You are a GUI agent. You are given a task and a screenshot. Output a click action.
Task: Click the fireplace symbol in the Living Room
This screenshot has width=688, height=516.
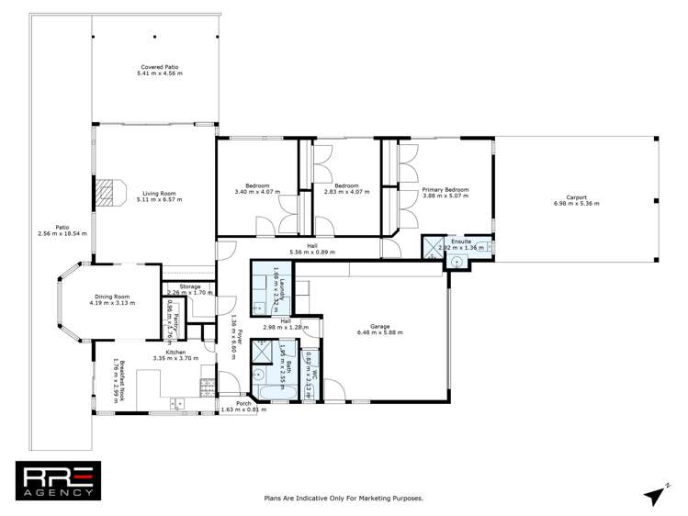coord(107,191)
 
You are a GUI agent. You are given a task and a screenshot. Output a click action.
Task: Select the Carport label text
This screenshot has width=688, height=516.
coord(576,196)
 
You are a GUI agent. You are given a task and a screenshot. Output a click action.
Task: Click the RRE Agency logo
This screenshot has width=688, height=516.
coord(56,480)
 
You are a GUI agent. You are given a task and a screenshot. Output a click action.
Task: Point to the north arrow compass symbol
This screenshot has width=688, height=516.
coord(655,494)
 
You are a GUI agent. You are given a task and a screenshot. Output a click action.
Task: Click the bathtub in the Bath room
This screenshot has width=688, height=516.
coord(275,393)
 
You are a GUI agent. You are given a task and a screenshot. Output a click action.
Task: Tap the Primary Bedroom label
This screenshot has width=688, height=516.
coord(446,190)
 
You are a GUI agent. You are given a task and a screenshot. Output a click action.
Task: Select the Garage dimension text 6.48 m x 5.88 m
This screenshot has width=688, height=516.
coord(380,332)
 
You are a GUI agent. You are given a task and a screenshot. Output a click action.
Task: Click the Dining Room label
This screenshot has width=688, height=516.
coord(112,297)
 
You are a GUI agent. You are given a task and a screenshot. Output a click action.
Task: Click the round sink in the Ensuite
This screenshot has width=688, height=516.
coord(456,262)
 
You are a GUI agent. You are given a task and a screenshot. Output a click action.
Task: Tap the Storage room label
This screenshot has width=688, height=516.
coord(190,286)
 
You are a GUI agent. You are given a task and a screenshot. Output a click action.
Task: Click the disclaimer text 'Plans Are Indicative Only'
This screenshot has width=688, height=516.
coord(343,498)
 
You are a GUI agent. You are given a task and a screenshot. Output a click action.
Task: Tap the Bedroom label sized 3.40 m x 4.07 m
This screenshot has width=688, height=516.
coord(258,191)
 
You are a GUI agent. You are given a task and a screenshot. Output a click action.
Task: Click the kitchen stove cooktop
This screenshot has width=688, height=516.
coord(175,402)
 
